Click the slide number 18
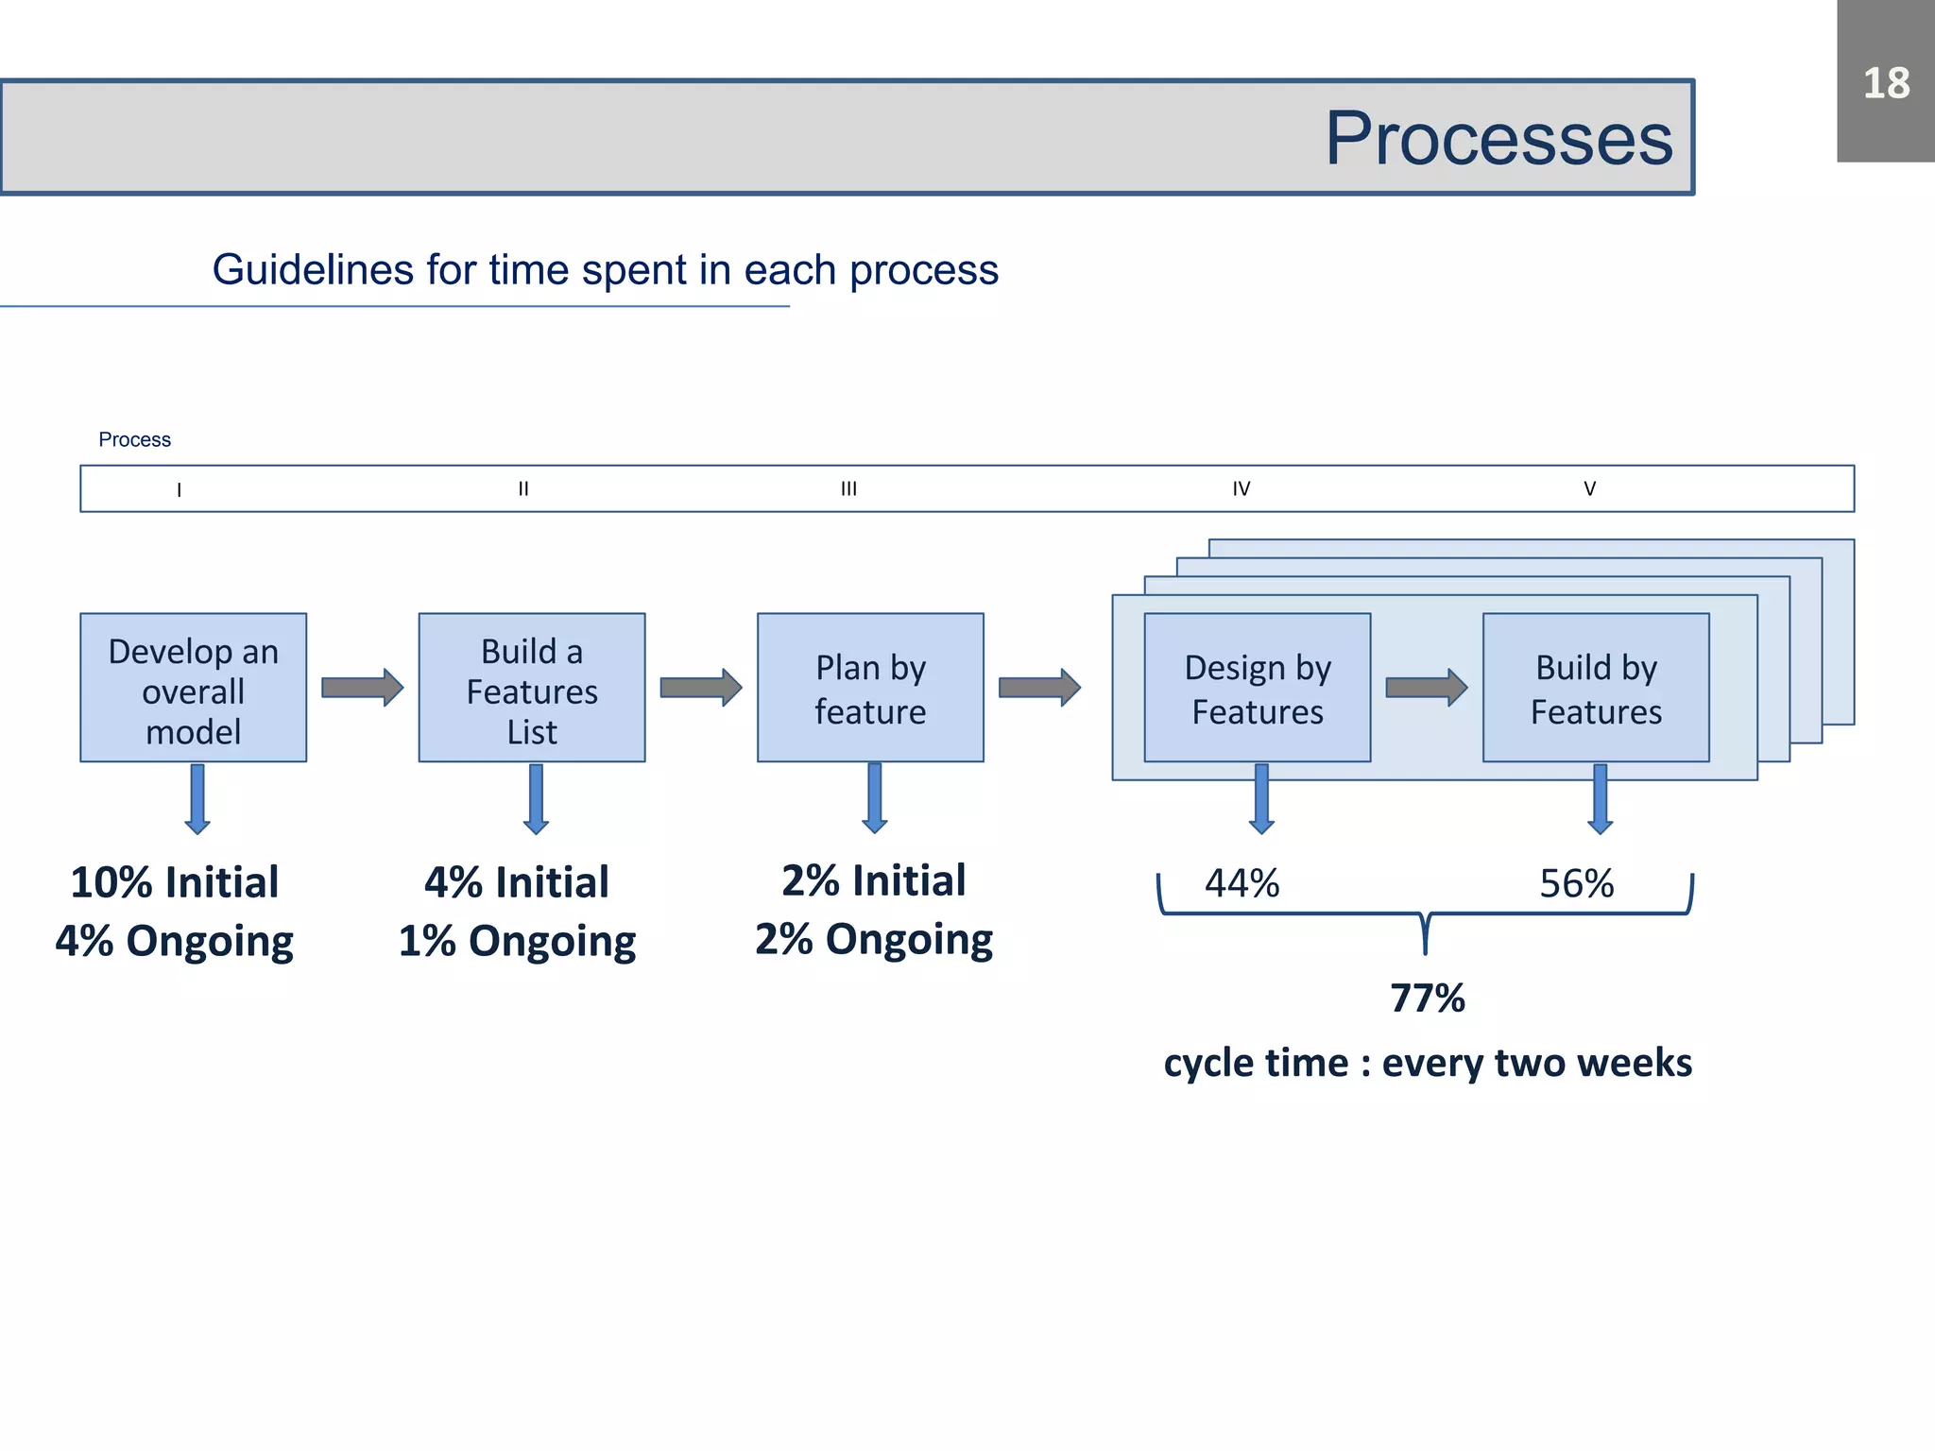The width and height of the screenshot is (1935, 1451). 1886,83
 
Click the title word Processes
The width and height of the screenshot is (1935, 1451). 1498,138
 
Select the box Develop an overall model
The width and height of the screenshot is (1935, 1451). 193,688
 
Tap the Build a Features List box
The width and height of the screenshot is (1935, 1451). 532,688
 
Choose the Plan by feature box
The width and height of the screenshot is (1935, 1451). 870,688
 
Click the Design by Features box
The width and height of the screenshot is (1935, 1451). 1257,688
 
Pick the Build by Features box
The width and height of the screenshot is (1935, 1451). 1596,688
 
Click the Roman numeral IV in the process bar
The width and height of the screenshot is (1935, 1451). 1241,488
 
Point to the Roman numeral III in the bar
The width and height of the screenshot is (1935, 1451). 848,488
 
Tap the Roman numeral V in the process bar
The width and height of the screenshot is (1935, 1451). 1589,488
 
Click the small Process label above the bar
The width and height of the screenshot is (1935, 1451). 134,439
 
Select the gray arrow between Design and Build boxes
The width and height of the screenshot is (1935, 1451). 1426,687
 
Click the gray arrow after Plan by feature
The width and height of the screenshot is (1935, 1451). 1038,687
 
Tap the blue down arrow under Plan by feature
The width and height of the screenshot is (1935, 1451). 874,798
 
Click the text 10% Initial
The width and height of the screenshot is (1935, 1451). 175,882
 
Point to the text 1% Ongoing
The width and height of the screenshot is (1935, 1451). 517,941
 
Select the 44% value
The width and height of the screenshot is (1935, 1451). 1241,884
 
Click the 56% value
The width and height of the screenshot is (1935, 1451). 1576,884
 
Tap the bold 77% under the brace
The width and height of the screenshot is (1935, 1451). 1427,999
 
